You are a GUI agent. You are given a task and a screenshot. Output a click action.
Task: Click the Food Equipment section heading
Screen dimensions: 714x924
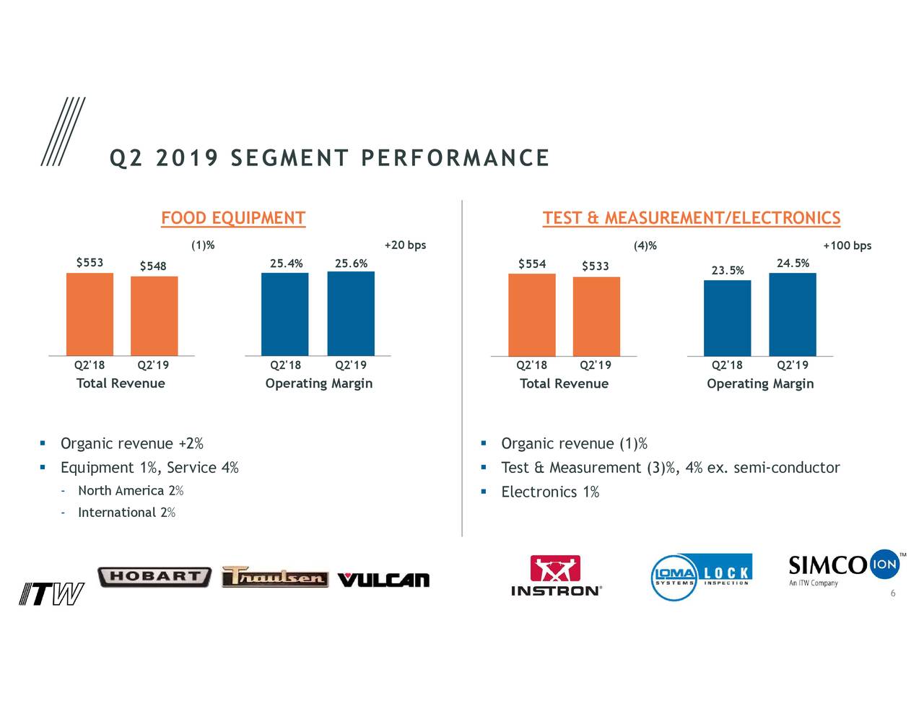click(233, 218)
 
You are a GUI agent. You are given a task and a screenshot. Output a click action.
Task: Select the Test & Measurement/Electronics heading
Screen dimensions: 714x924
click(691, 218)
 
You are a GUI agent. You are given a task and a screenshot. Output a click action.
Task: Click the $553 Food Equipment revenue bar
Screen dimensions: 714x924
click(90, 314)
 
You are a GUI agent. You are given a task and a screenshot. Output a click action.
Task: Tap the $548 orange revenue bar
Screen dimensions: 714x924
click(154, 315)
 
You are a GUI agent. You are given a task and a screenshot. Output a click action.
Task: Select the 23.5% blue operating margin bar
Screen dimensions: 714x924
click(727, 318)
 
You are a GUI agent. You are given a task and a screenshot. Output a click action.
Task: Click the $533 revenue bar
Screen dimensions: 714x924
click(596, 316)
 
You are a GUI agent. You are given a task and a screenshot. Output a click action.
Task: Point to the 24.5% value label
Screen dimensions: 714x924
click(792, 263)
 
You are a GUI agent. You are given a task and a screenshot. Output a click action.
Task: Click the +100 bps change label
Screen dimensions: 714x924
click(847, 245)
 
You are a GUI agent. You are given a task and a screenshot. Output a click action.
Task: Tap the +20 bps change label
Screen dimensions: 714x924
click(405, 245)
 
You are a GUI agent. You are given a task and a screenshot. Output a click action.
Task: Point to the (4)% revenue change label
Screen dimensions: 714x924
click(645, 245)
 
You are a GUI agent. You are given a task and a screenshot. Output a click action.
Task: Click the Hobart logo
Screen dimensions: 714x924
click(154, 577)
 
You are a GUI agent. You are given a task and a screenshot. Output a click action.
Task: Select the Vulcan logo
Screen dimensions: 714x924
click(383, 580)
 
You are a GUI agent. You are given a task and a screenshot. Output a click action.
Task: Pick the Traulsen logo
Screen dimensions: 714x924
click(274, 577)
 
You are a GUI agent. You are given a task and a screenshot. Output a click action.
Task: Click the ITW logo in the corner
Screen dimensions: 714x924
click(51, 594)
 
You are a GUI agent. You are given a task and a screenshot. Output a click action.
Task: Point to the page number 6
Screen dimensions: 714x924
click(892, 593)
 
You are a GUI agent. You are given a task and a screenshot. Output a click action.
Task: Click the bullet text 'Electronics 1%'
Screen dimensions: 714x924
click(549, 492)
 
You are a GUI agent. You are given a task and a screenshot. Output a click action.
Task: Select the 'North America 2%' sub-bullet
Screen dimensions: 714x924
click(130, 491)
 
